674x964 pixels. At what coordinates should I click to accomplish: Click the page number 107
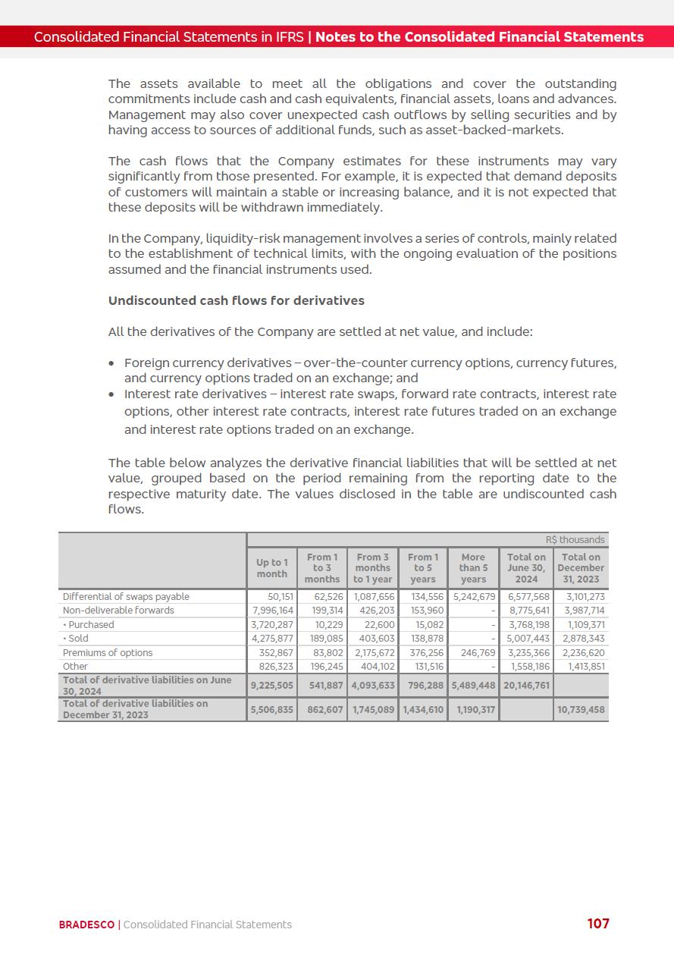tap(597, 923)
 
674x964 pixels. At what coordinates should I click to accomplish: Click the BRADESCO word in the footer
tap(86, 925)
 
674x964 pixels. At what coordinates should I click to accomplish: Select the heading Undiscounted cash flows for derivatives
tap(236, 300)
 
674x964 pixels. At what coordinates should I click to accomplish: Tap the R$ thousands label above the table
tap(575, 540)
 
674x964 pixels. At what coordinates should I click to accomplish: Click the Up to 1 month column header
tap(271, 568)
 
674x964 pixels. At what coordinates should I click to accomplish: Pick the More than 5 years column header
tap(473, 568)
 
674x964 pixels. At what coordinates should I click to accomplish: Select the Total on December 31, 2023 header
tap(581, 568)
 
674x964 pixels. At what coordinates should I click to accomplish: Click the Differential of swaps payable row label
tap(126, 597)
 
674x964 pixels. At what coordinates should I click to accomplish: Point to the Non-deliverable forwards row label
tap(118, 611)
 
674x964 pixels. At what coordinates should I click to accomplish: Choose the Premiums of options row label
tap(108, 653)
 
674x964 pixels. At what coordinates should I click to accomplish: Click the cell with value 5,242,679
tap(474, 597)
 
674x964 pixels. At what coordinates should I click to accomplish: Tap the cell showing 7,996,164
tap(272, 611)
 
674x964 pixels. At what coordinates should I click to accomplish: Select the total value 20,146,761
tap(526, 686)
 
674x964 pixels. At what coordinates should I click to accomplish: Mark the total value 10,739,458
tap(581, 709)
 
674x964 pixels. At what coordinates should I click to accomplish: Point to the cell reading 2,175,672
tap(374, 653)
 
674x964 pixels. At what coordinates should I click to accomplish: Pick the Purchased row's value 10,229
tap(328, 625)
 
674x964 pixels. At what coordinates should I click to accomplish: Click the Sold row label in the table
tap(77, 639)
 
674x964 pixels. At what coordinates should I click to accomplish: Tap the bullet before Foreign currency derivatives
tap(112, 363)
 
